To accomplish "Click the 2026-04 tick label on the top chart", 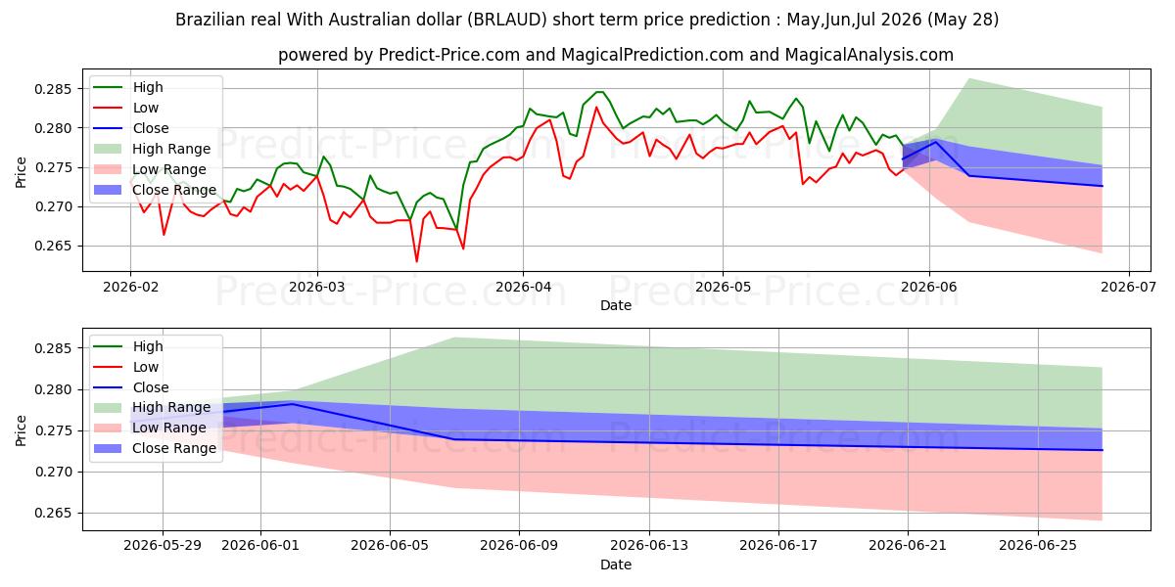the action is pyautogui.click(x=523, y=288).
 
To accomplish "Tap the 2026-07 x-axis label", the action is pyautogui.click(x=1128, y=288).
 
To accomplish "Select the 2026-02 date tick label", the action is pyautogui.click(x=130, y=288).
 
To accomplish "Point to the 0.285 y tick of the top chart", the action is pyautogui.click(x=53, y=89).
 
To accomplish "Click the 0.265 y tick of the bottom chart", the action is pyautogui.click(x=53, y=513).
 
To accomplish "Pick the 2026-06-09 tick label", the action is pyautogui.click(x=519, y=546).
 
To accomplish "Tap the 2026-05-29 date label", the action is pyautogui.click(x=163, y=546).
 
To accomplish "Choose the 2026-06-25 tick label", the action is pyautogui.click(x=1038, y=546).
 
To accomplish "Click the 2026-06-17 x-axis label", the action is pyautogui.click(x=778, y=546).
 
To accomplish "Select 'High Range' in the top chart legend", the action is pyautogui.click(x=171, y=149).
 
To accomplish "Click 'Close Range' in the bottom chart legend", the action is pyautogui.click(x=174, y=449).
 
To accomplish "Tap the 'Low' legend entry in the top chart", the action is pyautogui.click(x=145, y=108).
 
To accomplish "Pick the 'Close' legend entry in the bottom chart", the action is pyautogui.click(x=151, y=387).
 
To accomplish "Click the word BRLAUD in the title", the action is pyautogui.click(x=507, y=20).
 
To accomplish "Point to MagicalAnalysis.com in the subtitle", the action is pyautogui.click(x=869, y=55).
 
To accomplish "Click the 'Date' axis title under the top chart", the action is pyautogui.click(x=616, y=305).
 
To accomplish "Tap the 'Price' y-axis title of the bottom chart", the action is pyautogui.click(x=21, y=430).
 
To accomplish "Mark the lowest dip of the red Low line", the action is pyautogui.click(x=416, y=261).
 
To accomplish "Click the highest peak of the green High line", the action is pyautogui.click(x=599, y=92).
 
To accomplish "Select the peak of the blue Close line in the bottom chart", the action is pyautogui.click(x=292, y=404).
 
